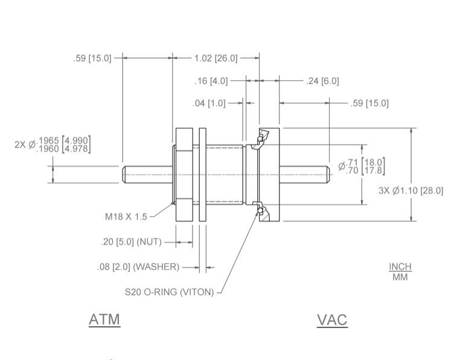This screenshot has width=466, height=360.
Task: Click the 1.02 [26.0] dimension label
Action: [215, 58]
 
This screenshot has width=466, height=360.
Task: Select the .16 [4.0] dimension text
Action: [211, 81]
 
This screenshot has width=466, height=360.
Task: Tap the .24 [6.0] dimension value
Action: [322, 81]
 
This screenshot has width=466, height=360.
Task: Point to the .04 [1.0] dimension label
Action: [209, 103]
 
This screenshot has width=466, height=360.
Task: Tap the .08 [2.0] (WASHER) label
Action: [138, 267]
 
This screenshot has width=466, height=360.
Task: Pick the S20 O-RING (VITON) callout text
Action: [169, 292]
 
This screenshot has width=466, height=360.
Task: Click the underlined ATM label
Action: [104, 319]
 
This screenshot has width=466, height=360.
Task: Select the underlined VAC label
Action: [332, 320]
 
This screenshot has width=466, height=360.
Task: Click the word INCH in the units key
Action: [399, 267]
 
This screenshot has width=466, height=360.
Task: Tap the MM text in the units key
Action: [399, 277]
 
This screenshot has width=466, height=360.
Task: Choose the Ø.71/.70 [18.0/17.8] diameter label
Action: [362, 166]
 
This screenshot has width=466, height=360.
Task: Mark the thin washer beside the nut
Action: [202, 175]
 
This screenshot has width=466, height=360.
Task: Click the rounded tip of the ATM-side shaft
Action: [125, 175]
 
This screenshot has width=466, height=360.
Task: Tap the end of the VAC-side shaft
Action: [326, 175]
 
